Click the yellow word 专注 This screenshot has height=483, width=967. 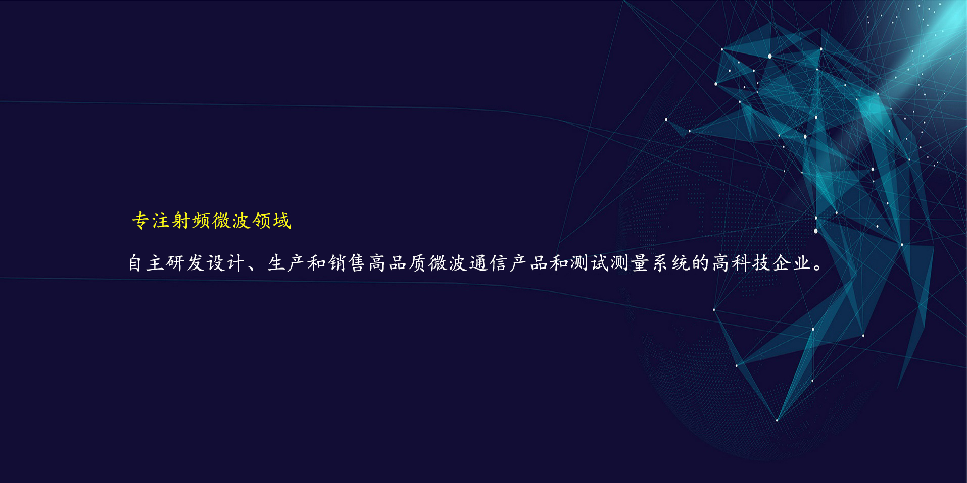tap(151, 221)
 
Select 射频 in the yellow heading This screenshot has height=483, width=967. tap(191, 221)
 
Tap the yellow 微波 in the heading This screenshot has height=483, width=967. tap(231, 221)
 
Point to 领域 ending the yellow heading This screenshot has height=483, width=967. tap(272, 221)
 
